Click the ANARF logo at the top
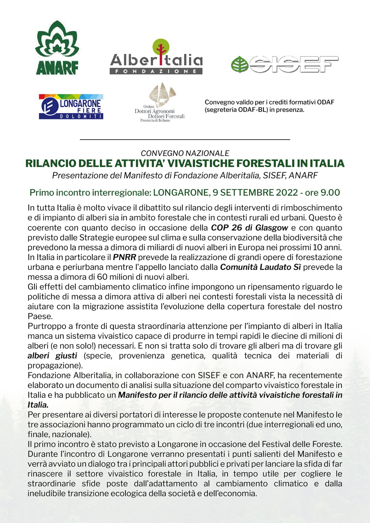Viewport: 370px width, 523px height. point(57,48)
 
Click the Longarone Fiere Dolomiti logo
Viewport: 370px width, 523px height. point(71,107)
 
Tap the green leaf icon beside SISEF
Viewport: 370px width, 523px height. point(240,64)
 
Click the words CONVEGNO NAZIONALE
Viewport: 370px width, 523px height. point(185,153)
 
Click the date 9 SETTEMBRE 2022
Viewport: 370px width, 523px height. point(255,192)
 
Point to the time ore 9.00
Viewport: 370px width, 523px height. point(322,192)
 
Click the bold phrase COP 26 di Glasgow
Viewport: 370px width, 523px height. point(249,228)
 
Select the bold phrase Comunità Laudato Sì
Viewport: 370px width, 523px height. point(260,267)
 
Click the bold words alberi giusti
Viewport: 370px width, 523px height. point(52,356)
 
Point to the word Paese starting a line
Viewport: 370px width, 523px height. point(39,316)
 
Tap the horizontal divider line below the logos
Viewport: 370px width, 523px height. point(185,140)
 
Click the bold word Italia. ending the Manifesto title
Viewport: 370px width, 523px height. point(38,405)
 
